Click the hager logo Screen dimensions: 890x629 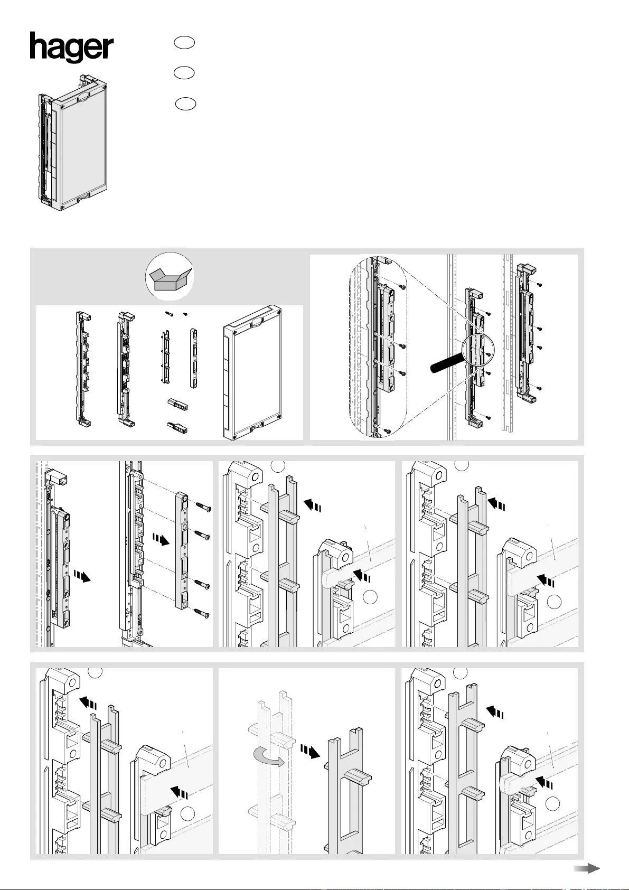click(x=71, y=47)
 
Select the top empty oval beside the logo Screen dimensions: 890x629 click(x=184, y=43)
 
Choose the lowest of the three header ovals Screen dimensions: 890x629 click(x=185, y=104)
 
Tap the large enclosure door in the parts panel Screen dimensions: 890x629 click(x=252, y=372)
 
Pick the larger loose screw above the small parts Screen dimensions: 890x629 click(x=169, y=314)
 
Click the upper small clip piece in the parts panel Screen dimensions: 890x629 click(x=177, y=405)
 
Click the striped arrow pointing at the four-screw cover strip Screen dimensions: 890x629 click(x=161, y=540)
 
